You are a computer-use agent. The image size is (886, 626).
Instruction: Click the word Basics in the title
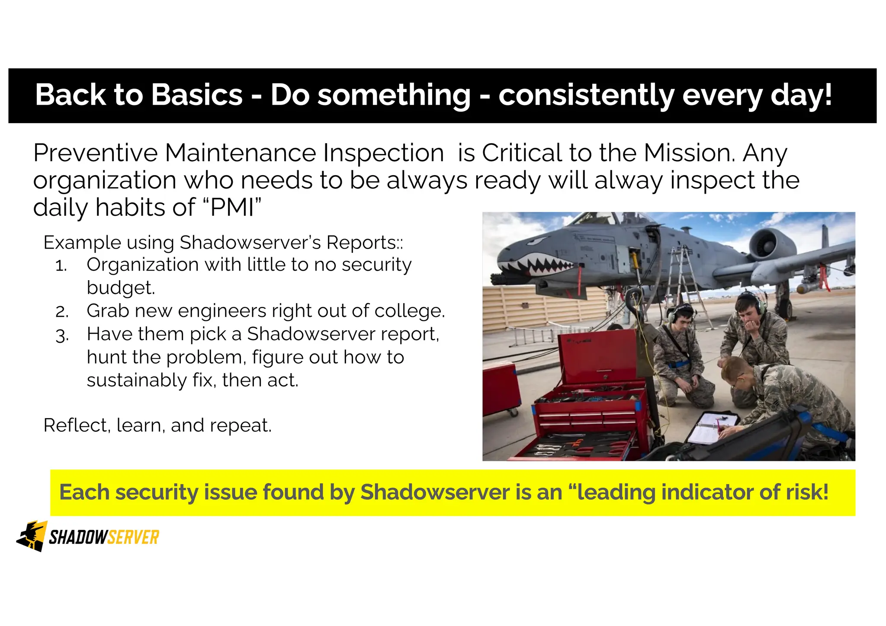coord(197,95)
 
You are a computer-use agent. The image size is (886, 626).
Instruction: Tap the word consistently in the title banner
coord(586,96)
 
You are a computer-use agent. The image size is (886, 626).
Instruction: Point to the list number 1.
coord(61,266)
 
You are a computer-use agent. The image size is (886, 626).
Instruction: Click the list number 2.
coord(62,312)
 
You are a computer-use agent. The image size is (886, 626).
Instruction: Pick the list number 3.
coord(62,335)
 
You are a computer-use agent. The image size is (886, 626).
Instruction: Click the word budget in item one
coord(120,288)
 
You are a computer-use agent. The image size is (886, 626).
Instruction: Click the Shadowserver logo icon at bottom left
coord(32,536)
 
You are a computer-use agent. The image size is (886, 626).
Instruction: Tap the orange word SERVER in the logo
coord(133,537)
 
